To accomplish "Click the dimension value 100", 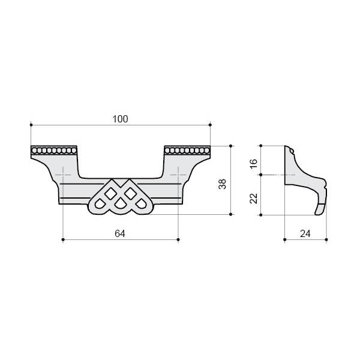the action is click(x=120, y=119).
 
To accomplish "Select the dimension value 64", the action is click(x=120, y=234).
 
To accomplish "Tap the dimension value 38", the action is click(x=222, y=184).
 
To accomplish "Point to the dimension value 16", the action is click(x=254, y=163).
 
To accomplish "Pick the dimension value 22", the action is click(x=254, y=199).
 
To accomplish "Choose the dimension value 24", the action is click(x=305, y=234).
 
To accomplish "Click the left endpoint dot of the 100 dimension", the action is click(x=31, y=125).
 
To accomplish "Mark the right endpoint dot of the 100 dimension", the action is click(x=211, y=125).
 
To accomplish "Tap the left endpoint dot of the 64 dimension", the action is click(x=63, y=239).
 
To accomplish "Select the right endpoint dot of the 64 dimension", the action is click(x=178, y=239).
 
